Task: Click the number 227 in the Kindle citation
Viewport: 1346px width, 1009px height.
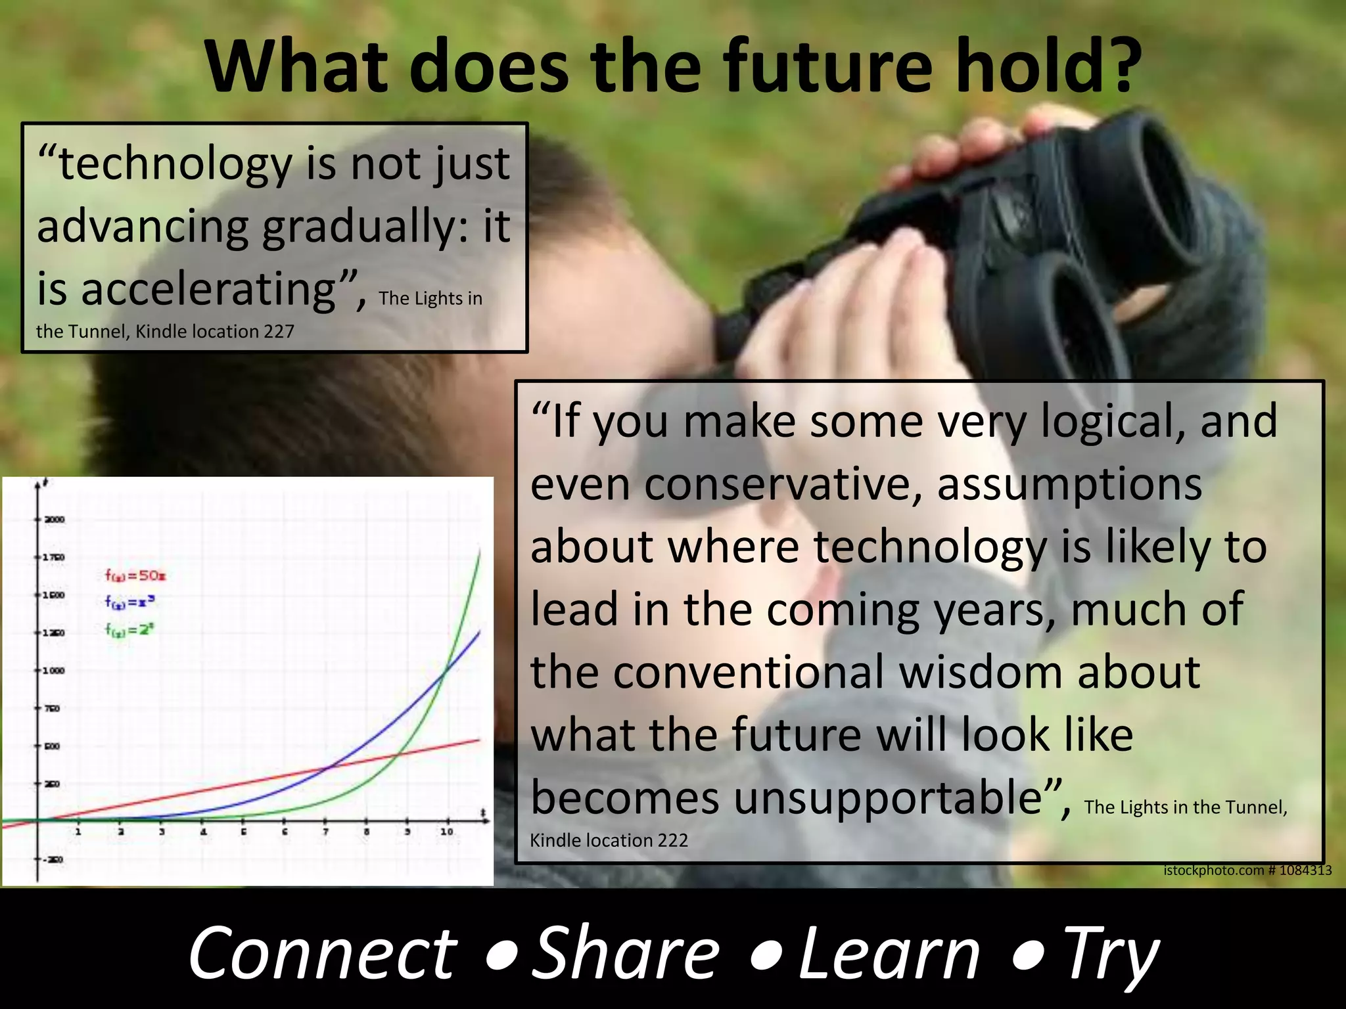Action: coord(279,332)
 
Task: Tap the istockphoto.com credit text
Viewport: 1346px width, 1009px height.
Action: coord(1247,870)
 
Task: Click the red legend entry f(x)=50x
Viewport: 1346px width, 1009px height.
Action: coord(135,575)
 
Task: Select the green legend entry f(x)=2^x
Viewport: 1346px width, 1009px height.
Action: coord(129,629)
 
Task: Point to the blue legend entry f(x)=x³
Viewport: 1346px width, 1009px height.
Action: coord(129,602)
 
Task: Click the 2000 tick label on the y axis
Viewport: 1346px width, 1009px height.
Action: coord(54,520)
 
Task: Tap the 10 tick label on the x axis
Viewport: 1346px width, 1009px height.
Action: coord(447,832)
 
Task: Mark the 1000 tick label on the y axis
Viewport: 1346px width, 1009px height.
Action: coord(54,671)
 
